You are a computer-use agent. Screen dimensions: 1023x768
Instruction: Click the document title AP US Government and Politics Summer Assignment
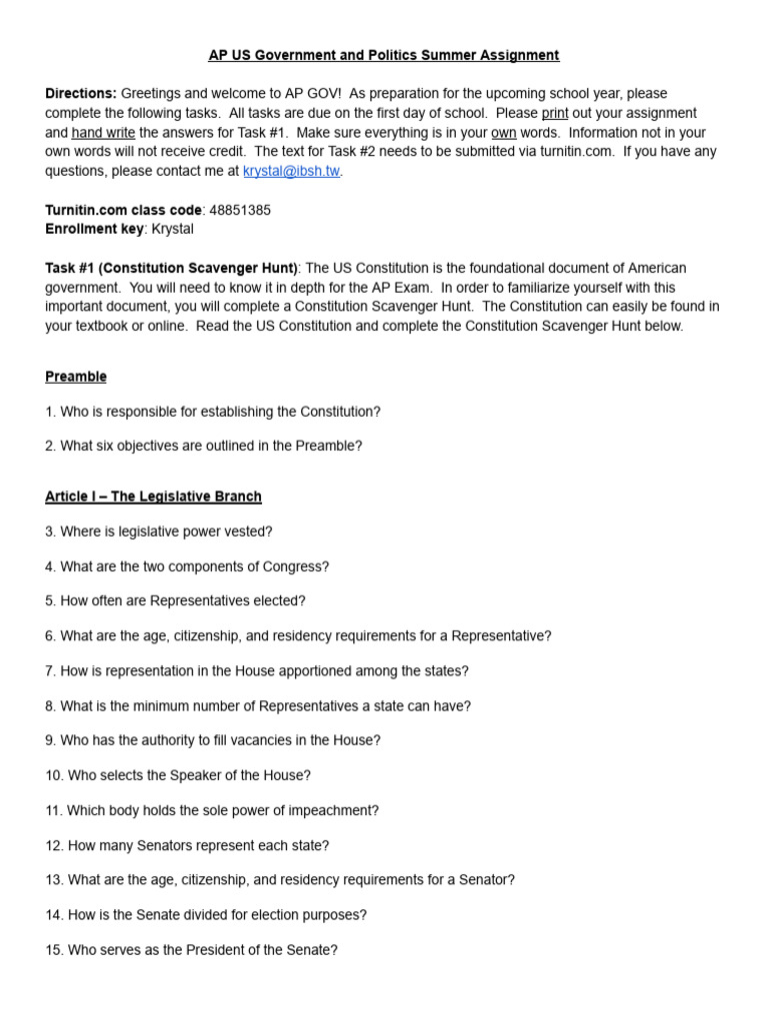click(x=384, y=55)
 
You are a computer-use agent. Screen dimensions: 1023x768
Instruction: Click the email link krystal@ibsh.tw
click(x=291, y=171)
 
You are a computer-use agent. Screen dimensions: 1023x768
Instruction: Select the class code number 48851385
click(x=240, y=210)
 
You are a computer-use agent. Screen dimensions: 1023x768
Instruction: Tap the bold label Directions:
click(x=81, y=93)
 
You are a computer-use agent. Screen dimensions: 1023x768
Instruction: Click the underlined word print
click(x=555, y=113)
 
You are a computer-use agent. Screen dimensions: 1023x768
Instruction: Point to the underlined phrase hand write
click(x=103, y=132)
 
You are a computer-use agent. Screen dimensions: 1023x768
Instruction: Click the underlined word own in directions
click(x=504, y=132)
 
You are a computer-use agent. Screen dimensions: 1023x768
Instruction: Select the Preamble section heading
click(x=76, y=377)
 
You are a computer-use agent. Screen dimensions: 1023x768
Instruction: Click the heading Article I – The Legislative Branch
click(x=153, y=497)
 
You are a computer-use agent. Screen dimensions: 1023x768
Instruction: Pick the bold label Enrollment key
click(x=94, y=229)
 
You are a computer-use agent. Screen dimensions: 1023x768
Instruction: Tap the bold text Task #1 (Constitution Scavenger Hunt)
click(x=171, y=268)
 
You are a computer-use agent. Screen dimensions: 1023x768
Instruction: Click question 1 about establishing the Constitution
click(x=213, y=412)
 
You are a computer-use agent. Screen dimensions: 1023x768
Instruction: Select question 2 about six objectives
click(x=203, y=447)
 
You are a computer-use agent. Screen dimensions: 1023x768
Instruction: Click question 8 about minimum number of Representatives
click(x=258, y=706)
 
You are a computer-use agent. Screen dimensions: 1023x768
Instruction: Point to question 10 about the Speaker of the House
click(x=178, y=775)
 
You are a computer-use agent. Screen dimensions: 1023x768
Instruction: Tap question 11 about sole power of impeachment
click(x=212, y=810)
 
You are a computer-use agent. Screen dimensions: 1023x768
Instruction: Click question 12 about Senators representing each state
click(x=187, y=845)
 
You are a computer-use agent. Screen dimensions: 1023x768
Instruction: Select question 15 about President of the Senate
click(x=191, y=950)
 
